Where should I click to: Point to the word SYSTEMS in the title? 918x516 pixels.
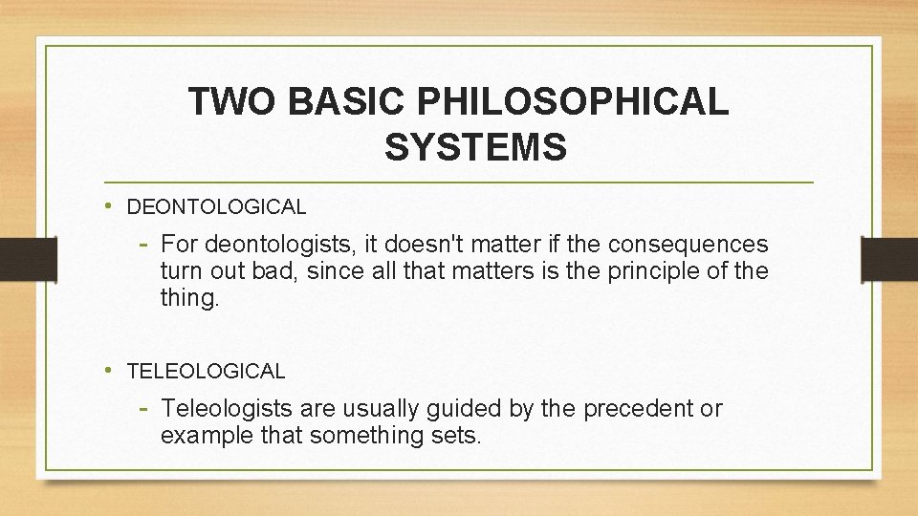[x=475, y=148]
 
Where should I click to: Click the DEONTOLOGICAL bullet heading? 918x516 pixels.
[x=216, y=206]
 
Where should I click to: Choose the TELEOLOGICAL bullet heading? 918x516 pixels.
[x=206, y=371]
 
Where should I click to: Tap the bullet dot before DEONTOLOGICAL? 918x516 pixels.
[x=111, y=205]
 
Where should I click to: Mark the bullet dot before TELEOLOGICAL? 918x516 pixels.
[x=111, y=370]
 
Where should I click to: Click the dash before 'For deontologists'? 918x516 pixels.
[x=144, y=244]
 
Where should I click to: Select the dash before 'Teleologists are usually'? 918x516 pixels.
[x=144, y=409]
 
